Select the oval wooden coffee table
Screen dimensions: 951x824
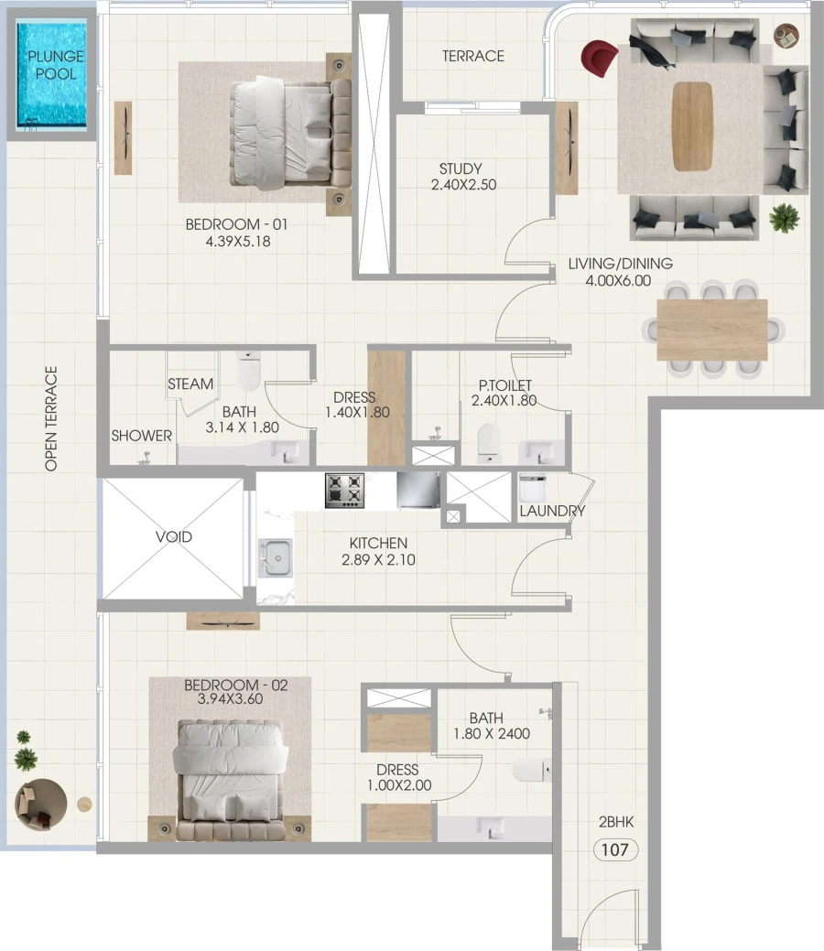(692, 126)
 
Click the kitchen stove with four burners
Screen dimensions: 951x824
(344, 490)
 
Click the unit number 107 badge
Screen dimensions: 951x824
(615, 849)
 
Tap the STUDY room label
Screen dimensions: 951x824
(461, 169)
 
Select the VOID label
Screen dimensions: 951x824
(174, 536)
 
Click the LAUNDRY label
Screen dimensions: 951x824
(552, 511)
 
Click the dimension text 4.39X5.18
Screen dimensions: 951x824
(228, 243)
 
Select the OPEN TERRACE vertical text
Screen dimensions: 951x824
(51, 418)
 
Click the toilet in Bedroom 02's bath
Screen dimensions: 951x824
(530, 770)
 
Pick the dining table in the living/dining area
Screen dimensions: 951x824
(712, 330)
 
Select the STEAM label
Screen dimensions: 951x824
(190, 384)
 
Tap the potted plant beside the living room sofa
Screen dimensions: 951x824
(785, 218)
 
